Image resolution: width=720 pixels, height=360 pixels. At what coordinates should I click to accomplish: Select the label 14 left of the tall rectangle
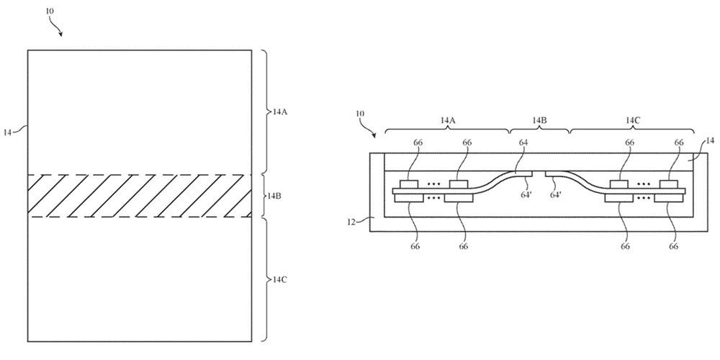coord(9,132)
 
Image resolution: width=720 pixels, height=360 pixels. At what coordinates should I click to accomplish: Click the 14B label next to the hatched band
coord(275,195)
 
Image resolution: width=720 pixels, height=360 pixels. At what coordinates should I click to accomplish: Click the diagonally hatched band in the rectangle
coord(140,195)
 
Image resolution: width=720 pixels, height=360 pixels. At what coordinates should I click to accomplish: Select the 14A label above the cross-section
coord(447,120)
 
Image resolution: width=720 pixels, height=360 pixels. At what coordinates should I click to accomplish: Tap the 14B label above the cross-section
coord(540,120)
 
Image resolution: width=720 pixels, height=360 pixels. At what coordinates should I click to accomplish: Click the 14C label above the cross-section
coord(633,120)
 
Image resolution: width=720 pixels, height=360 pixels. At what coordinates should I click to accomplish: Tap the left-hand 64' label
coord(526,194)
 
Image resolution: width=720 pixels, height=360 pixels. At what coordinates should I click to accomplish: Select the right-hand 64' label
coord(555,194)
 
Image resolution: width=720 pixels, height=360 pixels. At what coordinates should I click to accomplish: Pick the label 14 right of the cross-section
coord(710,141)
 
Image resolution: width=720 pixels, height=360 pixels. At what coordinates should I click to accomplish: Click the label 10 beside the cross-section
coord(360,114)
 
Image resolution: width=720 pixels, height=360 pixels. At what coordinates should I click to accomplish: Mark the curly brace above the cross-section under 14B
coord(540,131)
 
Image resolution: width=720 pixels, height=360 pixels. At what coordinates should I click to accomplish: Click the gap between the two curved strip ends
coord(539,174)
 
